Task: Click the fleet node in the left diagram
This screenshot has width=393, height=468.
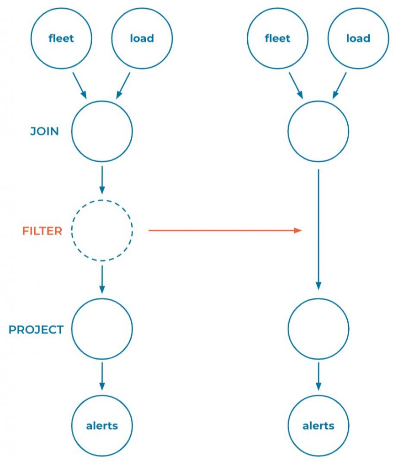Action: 61,38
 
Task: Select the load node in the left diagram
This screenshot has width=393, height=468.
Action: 142,38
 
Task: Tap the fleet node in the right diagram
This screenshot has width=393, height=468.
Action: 277,38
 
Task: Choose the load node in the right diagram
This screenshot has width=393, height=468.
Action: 358,38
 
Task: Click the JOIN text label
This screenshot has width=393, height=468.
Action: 44,132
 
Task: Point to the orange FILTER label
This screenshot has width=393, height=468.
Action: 42,231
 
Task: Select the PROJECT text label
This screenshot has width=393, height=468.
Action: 36,330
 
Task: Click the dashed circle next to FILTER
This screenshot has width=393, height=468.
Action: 102,231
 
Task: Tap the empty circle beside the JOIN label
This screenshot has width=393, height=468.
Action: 102,132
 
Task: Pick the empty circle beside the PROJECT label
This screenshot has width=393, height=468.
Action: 102,329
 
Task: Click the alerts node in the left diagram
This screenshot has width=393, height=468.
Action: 102,426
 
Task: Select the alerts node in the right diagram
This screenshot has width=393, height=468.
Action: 319,426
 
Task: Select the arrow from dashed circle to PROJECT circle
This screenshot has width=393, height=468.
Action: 102,279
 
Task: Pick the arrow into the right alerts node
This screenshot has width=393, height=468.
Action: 319,377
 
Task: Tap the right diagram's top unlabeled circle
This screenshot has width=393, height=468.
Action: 319,132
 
